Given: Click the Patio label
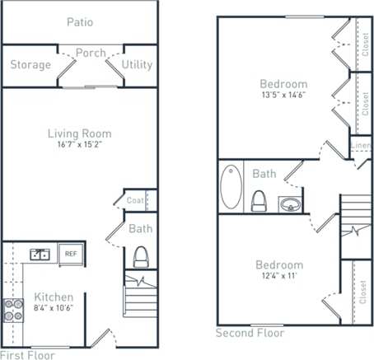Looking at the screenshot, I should point(79,22).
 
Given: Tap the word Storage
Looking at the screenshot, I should point(30,64).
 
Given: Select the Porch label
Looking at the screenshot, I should point(91,54).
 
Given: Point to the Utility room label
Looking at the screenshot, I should point(137,64).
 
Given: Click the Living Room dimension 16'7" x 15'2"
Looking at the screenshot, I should point(79,146).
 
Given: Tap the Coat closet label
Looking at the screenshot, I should point(136,199).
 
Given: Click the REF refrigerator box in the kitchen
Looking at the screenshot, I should point(71,255).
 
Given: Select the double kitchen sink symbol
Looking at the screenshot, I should point(39,255).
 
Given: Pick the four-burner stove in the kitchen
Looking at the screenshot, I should point(14,310).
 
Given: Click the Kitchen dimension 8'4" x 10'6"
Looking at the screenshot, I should point(54,309).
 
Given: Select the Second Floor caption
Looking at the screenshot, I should point(250,333).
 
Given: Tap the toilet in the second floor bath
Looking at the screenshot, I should point(259,200).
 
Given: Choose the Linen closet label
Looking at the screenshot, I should point(361,146).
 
